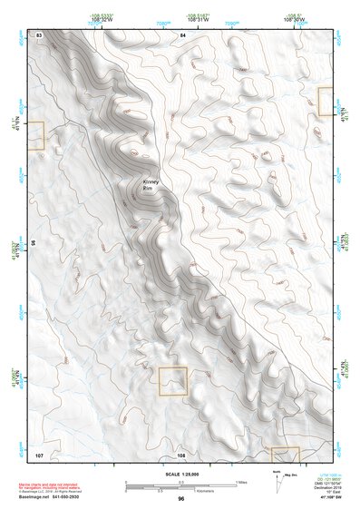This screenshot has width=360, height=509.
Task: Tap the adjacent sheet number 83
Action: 39,34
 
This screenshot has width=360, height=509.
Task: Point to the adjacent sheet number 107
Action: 39,453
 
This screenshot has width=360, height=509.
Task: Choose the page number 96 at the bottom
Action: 181,499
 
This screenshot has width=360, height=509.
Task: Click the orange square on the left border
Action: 35,135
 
